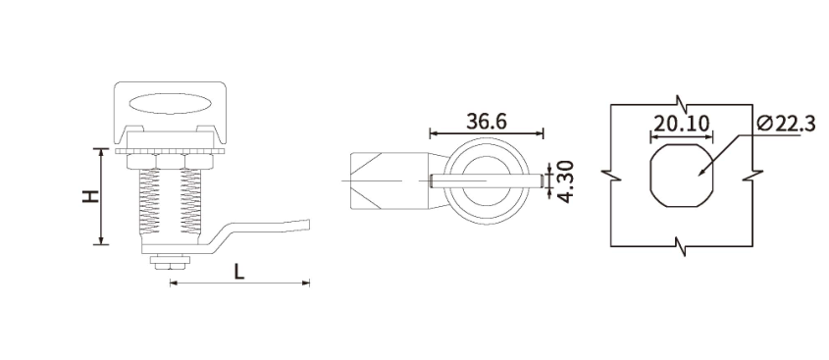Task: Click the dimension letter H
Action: pos(91,196)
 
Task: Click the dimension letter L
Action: pos(239,272)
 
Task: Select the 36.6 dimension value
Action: pos(487,121)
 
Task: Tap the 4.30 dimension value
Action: pos(565,181)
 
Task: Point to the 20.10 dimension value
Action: pos(681,124)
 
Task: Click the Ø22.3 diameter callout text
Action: pos(786,124)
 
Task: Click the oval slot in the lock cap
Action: pos(168,104)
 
